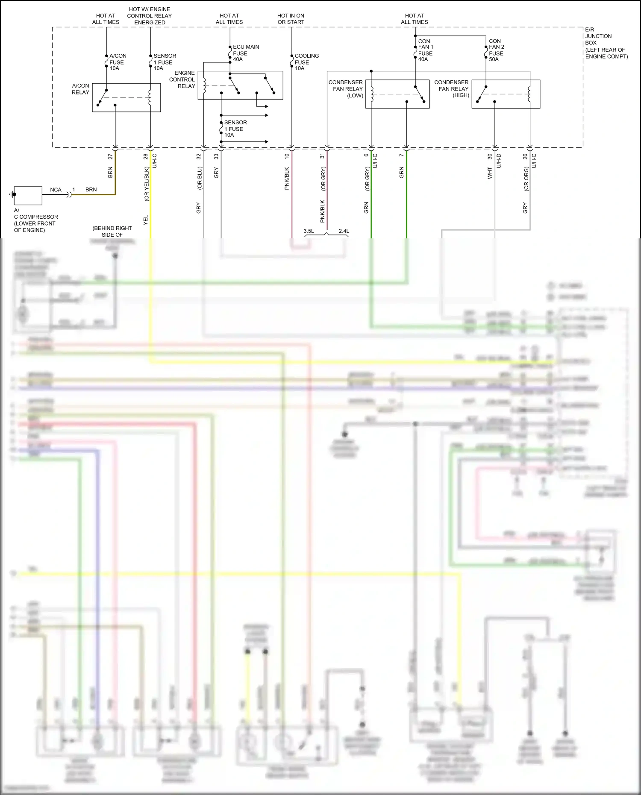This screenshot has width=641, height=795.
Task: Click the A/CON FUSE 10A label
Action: [x=117, y=62]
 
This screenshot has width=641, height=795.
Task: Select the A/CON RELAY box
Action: [x=126, y=97]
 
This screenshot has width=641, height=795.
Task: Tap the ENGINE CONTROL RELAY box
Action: [x=240, y=85]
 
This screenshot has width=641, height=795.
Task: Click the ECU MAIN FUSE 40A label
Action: [x=245, y=53]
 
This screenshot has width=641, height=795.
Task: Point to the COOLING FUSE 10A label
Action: [x=306, y=62]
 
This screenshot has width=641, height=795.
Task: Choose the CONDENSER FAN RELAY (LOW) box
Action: [x=397, y=94]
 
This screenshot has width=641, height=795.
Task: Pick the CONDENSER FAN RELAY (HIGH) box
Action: [x=506, y=94]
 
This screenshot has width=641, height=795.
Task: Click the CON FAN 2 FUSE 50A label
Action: [x=496, y=50]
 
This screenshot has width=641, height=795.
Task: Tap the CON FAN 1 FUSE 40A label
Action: [x=425, y=50]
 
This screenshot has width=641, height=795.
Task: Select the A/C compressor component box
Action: [x=28, y=196]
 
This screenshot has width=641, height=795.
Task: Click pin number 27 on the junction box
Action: [x=110, y=157]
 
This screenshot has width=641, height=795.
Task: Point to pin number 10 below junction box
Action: [x=287, y=156]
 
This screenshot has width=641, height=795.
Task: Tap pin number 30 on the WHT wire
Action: [x=490, y=157]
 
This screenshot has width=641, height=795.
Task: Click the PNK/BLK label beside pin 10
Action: [x=287, y=178]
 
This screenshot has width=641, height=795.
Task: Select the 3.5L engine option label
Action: [x=309, y=231]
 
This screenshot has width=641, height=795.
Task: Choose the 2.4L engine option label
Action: [x=344, y=231]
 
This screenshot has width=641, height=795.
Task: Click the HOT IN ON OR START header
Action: [x=291, y=19]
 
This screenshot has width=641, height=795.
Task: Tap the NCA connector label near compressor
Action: [x=56, y=190]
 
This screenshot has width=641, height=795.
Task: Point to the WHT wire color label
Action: [x=490, y=173]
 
